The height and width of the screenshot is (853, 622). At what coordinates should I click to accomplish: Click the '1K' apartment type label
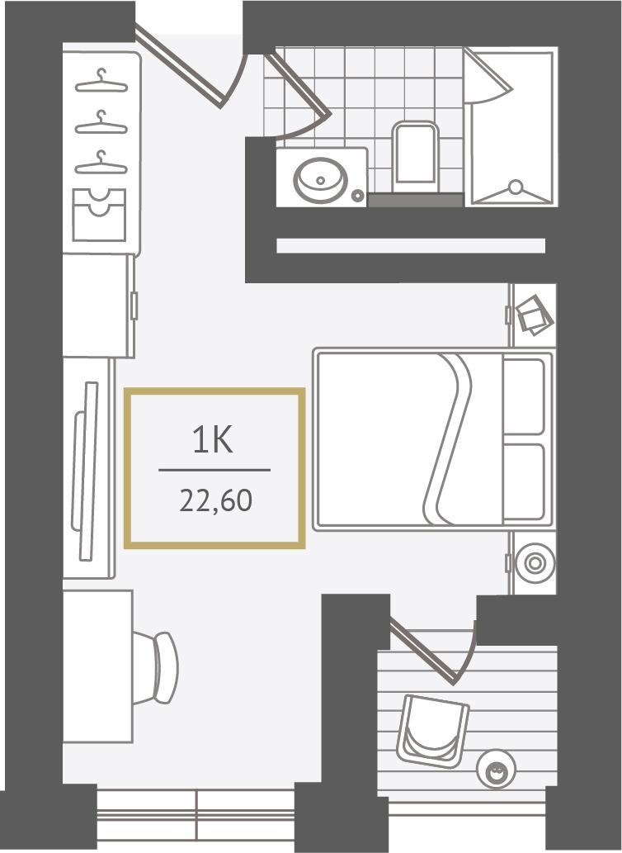point(213,441)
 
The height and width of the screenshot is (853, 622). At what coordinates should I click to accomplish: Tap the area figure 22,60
point(215,501)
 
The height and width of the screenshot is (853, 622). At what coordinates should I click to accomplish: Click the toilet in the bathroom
point(416,157)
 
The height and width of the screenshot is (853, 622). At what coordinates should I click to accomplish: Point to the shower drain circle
point(515,187)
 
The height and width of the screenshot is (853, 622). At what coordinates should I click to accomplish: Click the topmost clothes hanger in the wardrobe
point(101,82)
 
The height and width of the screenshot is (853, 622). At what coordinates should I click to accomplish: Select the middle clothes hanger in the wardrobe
point(101,122)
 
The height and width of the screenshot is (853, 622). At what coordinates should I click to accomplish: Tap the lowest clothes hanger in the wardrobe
point(101,163)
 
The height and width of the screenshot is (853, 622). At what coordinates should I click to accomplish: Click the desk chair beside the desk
point(157,667)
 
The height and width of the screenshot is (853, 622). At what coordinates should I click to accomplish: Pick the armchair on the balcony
point(433,731)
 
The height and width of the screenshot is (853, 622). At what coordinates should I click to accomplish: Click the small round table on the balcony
point(496,769)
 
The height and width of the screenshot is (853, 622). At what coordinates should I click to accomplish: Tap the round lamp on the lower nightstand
point(535,563)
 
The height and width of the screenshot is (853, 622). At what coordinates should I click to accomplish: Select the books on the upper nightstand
point(534,315)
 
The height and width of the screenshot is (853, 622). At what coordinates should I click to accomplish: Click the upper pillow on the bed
point(524,396)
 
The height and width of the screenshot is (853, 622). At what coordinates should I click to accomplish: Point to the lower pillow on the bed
point(524,482)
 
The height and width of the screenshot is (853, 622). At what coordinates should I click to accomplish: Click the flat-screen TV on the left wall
point(86,472)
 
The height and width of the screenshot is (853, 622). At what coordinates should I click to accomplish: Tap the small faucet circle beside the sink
point(357,195)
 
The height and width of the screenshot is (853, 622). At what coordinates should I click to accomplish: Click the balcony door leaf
point(423,652)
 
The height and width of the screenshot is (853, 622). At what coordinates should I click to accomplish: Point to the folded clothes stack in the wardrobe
point(100,215)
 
